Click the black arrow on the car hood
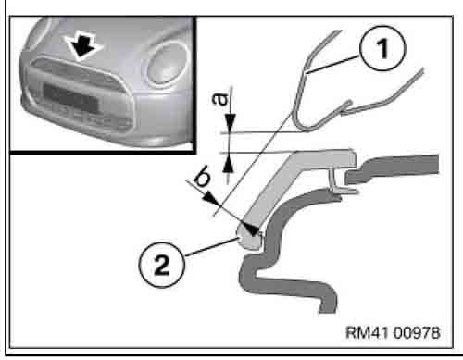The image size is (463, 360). [86, 48]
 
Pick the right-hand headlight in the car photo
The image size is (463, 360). [165, 66]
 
